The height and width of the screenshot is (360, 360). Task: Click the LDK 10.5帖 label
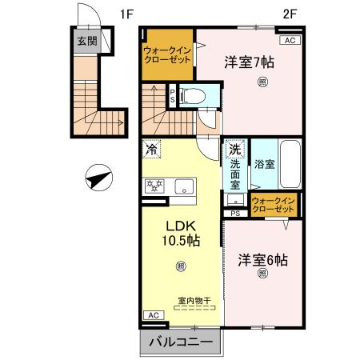182,233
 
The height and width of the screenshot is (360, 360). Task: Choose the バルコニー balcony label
182,342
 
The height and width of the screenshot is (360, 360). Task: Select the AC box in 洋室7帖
289,39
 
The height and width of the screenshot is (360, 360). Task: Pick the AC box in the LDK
153,316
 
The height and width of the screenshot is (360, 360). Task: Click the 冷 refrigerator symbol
152,150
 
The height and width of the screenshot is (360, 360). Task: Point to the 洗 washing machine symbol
235,150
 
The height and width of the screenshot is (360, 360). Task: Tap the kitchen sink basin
183,187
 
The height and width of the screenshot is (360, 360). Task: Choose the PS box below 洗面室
235,213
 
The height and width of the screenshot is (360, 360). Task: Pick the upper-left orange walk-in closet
166,54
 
